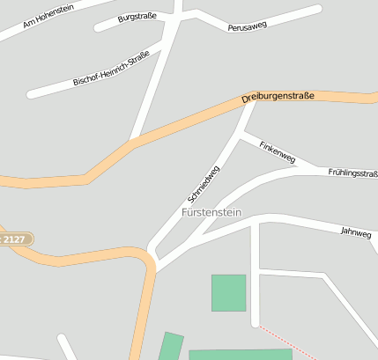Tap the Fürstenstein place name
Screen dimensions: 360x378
point(211,213)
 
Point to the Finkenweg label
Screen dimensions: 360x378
point(277,151)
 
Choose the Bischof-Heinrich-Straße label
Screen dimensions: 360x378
point(111,68)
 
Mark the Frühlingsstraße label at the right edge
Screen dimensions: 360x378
point(352,173)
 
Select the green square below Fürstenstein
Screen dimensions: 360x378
point(228,293)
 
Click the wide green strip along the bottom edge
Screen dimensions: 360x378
point(240,354)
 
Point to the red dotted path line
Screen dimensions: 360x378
point(286,342)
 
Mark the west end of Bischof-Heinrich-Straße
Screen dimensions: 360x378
point(31,93)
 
